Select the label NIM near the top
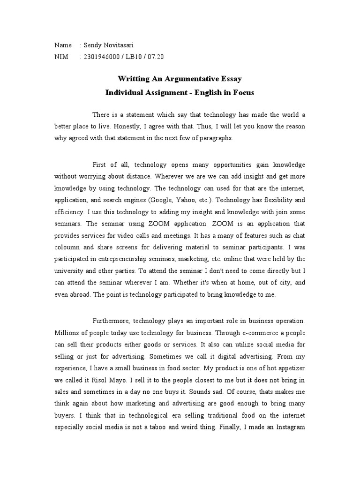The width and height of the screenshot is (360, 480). point(61,57)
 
